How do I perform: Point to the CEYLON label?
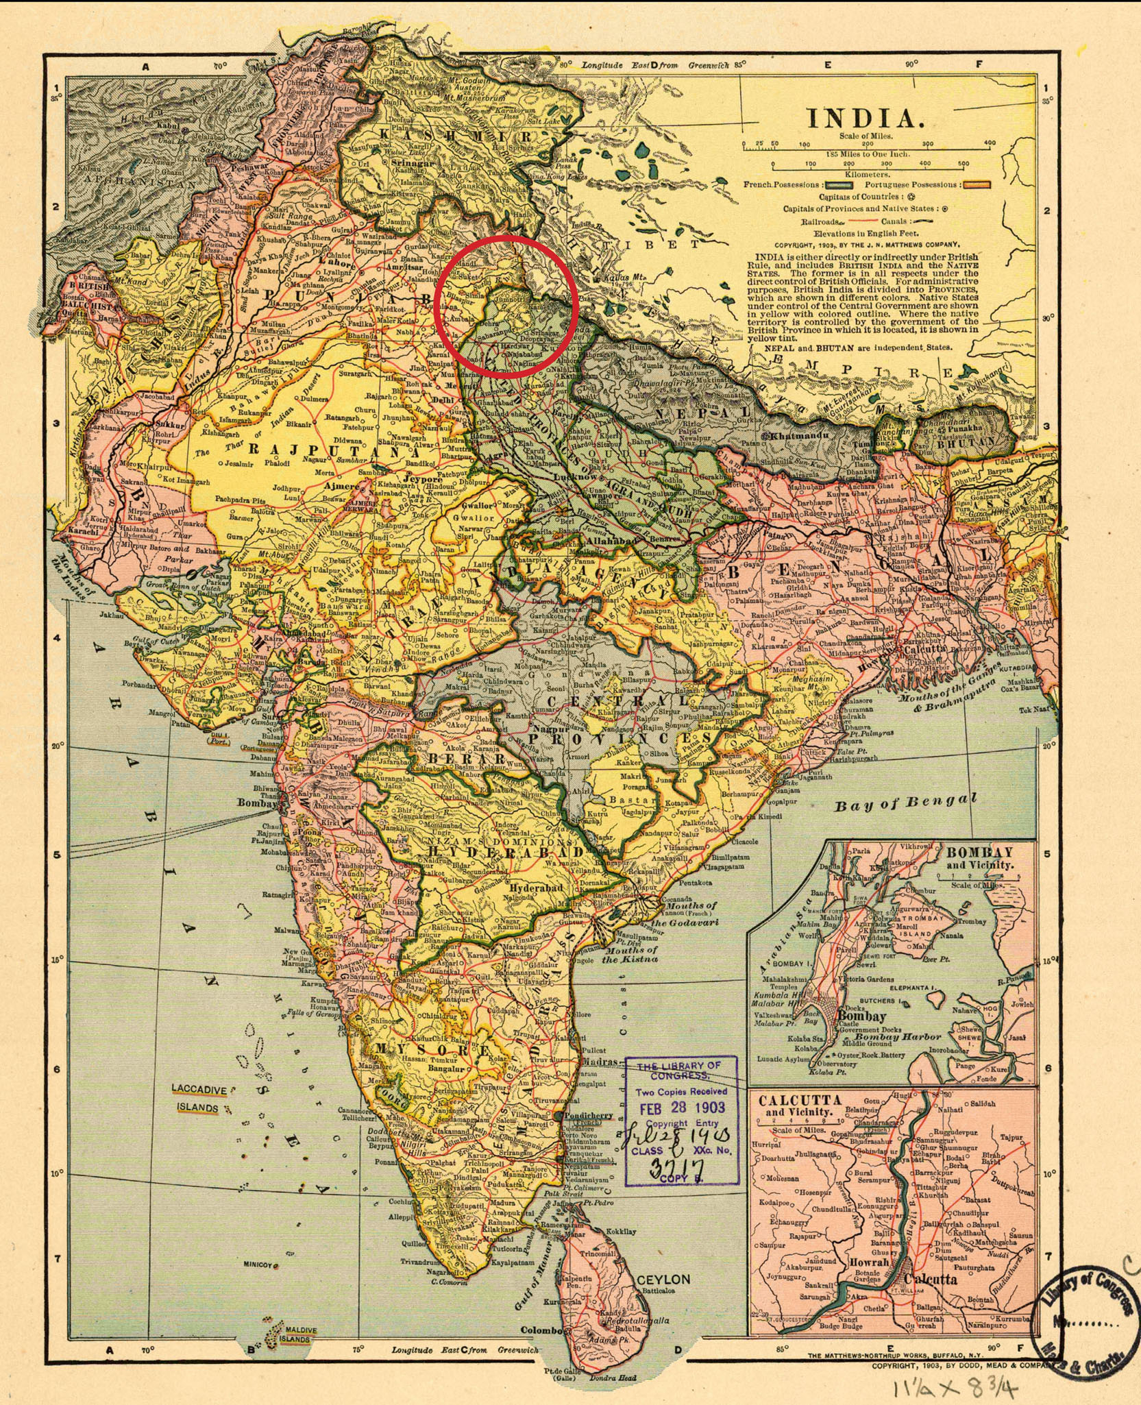[663, 1280]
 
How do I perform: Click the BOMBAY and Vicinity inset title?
[979, 857]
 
